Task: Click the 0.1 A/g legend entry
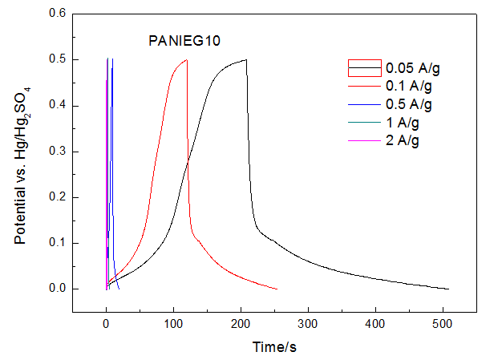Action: (x=406, y=87)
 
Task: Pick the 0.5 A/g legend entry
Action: (x=406, y=105)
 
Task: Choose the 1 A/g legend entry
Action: (x=402, y=123)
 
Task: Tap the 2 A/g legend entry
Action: (x=402, y=141)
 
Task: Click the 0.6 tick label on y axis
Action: (x=56, y=14)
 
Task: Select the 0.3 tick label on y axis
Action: (x=56, y=152)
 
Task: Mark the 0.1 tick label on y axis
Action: (x=56, y=243)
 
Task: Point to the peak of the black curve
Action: (x=245, y=59)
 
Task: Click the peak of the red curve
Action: (x=186, y=59)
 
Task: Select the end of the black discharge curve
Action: (x=448, y=289)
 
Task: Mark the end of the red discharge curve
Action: (x=277, y=289)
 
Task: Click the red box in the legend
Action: (x=362, y=67)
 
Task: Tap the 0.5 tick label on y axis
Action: (x=56, y=59)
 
